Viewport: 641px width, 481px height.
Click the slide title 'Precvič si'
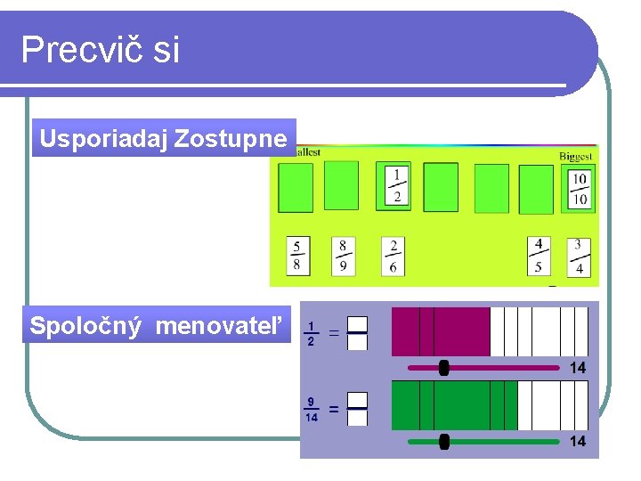(x=100, y=50)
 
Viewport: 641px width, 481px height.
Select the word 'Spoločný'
(x=85, y=327)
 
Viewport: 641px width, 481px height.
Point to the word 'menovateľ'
(x=223, y=327)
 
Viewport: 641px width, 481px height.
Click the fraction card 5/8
(x=297, y=256)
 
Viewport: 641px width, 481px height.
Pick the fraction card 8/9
(x=343, y=256)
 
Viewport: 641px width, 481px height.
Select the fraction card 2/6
(x=393, y=256)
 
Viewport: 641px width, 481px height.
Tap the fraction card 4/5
(x=538, y=256)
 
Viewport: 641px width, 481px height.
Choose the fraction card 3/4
(x=578, y=256)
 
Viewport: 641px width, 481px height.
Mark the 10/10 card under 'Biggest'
(x=579, y=188)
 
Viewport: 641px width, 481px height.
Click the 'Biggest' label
(x=575, y=156)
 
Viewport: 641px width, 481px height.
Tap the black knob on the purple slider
(x=444, y=368)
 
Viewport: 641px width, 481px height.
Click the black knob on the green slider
(x=444, y=442)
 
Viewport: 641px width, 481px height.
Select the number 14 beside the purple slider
(x=578, y=368)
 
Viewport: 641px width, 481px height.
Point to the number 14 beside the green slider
(x=578, y=442)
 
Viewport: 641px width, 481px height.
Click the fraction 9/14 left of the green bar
(x=312, y=410)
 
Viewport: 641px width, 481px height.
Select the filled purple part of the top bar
(x=441, y=331)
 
